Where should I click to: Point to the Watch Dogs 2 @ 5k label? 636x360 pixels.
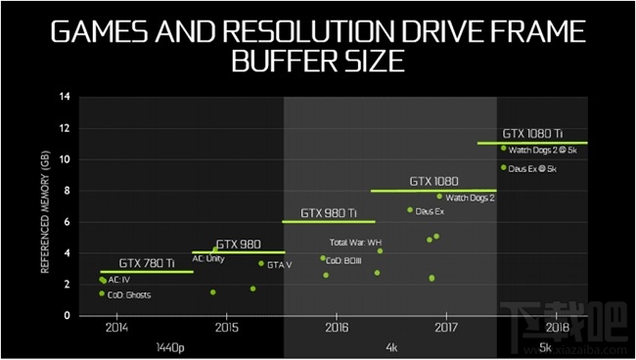(545, 149)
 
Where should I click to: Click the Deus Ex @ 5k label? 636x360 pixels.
(533, 168)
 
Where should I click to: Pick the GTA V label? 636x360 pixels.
(280, 264)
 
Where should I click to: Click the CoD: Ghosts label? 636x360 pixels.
(129, 294)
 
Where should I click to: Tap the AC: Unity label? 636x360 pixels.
(208, 258)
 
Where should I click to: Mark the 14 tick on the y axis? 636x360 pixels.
(65, 97)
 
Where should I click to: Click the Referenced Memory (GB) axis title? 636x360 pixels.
(45, 205)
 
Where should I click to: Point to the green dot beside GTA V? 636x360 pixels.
(260, 263)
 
